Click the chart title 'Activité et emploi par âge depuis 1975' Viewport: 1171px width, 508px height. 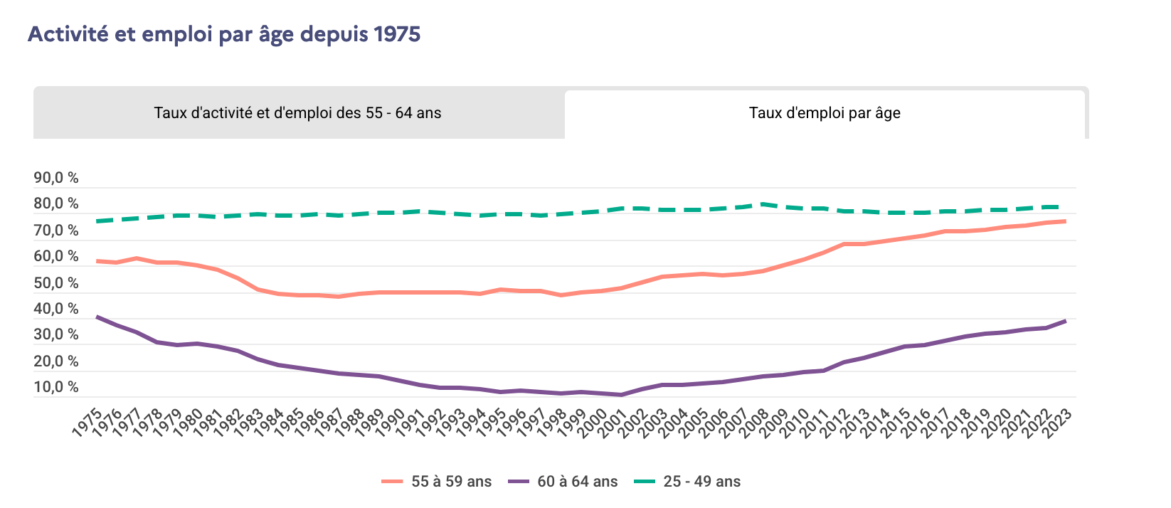[x=224, y=34]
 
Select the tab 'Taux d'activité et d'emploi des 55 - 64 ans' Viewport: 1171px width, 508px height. [x=297, y=113]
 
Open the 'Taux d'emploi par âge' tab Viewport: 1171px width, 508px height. [x=825, y=113]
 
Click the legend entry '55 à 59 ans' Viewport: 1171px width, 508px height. [x=451, y=482]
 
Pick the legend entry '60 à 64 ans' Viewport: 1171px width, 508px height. [x=577, y=482]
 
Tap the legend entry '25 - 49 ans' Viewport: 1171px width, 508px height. [x=701, y=482]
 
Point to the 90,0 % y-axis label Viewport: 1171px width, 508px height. [x=56, y=178]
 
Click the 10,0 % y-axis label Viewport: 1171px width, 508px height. [x=56, y=388]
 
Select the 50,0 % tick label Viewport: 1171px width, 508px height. [x=56, y=283]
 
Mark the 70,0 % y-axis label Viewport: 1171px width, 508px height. [x=56, y=231]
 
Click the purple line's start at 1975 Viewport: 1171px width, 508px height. [x=96, y=317]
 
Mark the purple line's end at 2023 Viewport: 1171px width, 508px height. [x=1065, y=321]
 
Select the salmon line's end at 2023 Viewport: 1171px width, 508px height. [x=1065, y=221]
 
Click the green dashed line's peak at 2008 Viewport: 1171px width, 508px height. [x=763, y=204]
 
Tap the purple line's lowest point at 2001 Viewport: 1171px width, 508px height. [x=622, y=395]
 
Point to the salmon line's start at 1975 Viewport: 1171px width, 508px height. [x=96, y=261]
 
